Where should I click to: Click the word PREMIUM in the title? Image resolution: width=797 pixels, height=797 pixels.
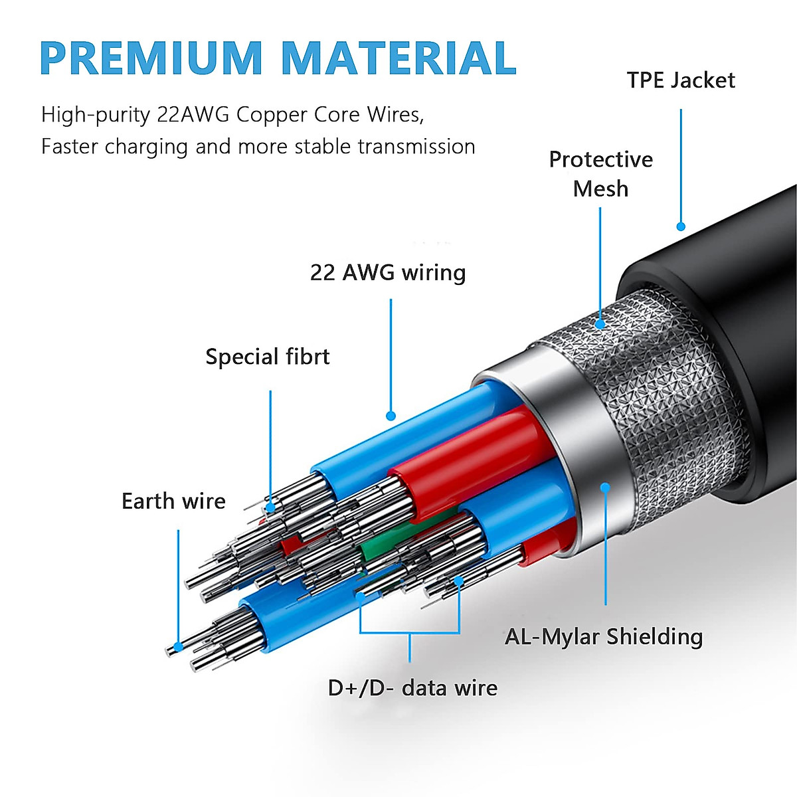coord(151,58)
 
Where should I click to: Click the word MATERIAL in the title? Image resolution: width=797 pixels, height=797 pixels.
coord(398,58)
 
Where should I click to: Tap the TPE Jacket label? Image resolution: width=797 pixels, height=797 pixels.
coord(681,80)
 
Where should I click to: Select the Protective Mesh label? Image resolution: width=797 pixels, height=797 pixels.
coord(600,174)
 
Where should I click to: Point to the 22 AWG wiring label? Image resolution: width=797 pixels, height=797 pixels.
coord(388,273)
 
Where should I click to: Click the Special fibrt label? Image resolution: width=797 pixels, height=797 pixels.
coord(268,357)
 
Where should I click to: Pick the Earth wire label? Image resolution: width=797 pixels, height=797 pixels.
coord(173,501)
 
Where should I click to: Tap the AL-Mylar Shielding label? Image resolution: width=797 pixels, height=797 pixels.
coord(604,637)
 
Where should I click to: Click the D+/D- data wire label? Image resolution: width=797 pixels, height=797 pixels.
coord(412,688)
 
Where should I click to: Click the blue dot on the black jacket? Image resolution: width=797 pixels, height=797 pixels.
coord(681,226)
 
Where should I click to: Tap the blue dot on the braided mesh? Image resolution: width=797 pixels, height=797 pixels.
coord(600,324)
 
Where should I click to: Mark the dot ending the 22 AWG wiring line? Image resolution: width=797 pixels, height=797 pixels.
coord(391,416)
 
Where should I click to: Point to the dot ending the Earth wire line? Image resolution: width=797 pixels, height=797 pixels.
coord(177,647)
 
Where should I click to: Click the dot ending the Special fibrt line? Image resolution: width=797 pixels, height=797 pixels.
coord(270,508)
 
